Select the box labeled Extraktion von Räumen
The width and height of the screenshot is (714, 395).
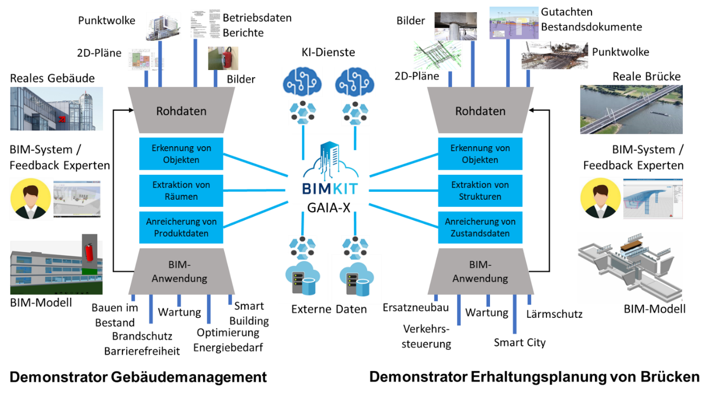click(x=181, y=191)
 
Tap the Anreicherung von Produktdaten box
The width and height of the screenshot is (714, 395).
click(x=181, y=227)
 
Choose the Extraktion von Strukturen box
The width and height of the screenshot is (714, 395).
click(x=480, y=191)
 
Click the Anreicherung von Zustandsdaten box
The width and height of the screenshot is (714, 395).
click(x=480, y=227)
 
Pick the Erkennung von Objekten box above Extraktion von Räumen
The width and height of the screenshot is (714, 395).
click(x=181, y=154)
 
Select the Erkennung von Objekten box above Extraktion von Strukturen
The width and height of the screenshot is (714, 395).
click(x=480, y=154)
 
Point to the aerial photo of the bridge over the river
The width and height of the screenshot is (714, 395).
click(x=631, y=109)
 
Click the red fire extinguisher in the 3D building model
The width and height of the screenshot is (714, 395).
click(x=89, y=252)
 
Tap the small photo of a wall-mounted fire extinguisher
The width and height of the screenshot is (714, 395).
click(x=223, y=58)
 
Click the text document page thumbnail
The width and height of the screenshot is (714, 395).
click(x=205, y=23)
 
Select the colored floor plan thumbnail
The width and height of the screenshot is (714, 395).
click(x=146, y=60)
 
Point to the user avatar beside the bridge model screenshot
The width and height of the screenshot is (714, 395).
click(x=601, y=199)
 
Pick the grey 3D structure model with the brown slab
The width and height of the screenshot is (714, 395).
click(x=630, y=267)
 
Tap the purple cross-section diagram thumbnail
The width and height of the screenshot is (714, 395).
click(x=514, y=23)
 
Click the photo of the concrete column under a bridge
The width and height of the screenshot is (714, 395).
click(x=455, y=26)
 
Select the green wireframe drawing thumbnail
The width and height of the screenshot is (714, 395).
click(x=437, y=55)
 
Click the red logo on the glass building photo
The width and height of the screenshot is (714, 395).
click(x=62, y=119)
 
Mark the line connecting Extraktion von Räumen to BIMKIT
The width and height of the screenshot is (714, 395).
click(x=256, y=191)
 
